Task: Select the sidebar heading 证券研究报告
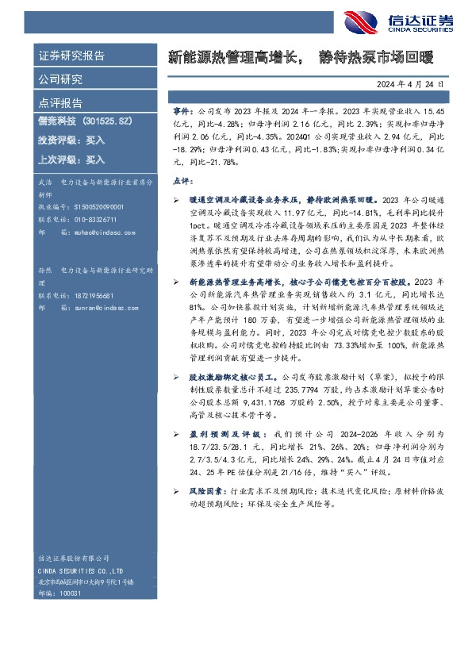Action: coord(71,56)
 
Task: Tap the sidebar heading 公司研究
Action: coord(60,79)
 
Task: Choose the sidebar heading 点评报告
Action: coord(60,102)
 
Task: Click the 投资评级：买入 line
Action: coord(71,140)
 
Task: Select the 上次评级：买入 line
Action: coord(71,159)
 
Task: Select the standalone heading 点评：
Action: coord(182,181)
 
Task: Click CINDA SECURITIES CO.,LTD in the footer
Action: coord(79,570)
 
